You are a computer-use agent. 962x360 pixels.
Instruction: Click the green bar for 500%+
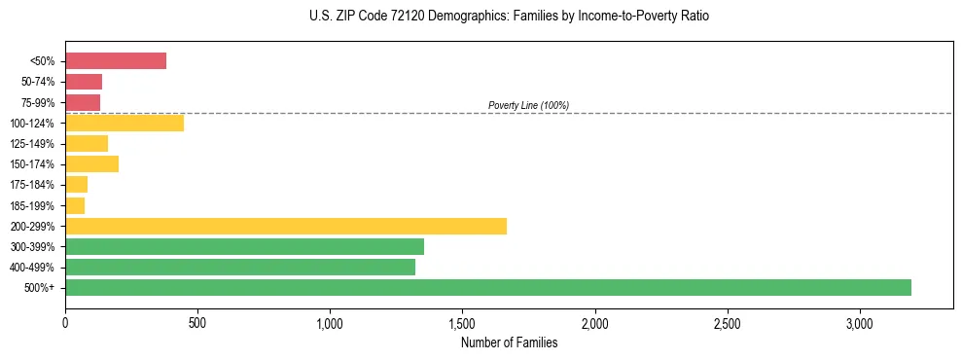coord(488,287)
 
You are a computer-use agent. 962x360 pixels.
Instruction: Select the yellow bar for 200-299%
coord(286,226)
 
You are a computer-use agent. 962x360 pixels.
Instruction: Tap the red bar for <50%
coord(116,61)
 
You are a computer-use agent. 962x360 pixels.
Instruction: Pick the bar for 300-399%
coord(244,246)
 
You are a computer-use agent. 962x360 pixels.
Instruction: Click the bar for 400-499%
coord(240,267)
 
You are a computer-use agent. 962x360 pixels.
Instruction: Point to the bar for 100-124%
coord(125,123)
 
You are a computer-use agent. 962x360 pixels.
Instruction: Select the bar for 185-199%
coord(75,205)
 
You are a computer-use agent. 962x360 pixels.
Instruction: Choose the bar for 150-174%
coord(91,164)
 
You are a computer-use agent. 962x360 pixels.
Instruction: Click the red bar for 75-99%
coord(83,102)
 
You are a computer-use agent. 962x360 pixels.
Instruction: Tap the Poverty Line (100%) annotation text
coord(528,105)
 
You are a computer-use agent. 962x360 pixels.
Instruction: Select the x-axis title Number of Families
coord(509,342)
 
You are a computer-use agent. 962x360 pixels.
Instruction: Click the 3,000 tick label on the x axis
coord(860,322)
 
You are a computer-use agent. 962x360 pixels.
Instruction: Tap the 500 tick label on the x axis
coord(197,322)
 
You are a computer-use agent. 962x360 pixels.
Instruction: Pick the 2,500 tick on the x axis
coord(728,322)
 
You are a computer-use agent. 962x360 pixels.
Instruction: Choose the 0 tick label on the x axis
coord(65,322)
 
